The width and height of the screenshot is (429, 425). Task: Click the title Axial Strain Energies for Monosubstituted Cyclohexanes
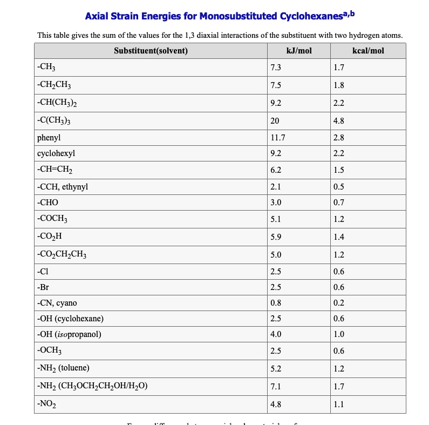click(220, 16)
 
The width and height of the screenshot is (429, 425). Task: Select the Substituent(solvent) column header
click(151, 51)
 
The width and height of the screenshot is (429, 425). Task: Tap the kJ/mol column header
click(299, 51)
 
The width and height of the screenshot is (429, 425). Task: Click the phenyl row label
click(49, 138)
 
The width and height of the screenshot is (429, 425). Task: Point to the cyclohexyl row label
click(56, 153)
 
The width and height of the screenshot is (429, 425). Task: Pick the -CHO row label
click(47, 203)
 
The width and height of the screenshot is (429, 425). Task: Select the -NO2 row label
click(47, 404)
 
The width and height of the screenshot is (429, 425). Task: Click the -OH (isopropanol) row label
click(69, 334)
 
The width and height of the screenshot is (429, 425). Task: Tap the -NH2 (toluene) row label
click(63, 368)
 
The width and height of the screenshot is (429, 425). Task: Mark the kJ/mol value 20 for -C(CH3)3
click(275, 121)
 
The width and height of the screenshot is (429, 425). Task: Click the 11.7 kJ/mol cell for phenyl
click(277, 138)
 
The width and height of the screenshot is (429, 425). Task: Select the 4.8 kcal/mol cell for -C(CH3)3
click(339, 121)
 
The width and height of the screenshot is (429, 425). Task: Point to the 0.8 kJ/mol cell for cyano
click(276, 303)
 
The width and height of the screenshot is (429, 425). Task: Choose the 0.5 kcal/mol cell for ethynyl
click(339, 187)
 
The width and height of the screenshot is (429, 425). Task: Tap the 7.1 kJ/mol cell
click(276, 386)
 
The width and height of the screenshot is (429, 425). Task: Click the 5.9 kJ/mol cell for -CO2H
click(276, 237)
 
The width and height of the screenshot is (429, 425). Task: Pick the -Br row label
click(43, 287)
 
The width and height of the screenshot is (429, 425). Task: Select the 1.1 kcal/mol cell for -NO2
click(339, 404)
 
